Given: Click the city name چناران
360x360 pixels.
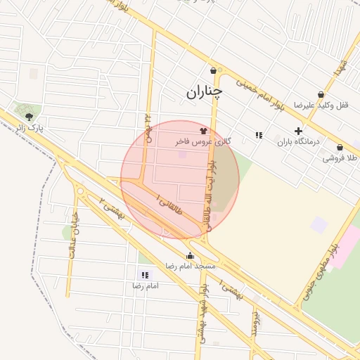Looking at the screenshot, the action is click(204, 92).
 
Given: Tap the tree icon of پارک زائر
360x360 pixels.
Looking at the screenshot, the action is click(29, 117).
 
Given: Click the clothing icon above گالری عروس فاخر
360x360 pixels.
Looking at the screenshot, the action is click(204, 130).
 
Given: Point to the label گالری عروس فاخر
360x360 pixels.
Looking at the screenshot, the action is click(203, 142).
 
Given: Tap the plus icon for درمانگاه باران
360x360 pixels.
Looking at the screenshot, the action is click(298, 131).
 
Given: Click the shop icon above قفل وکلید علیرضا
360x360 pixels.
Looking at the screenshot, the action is click(321, 94).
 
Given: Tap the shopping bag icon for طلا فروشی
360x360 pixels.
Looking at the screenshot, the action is click(340, 148).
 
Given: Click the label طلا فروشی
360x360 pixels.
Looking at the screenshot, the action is click(340, 158).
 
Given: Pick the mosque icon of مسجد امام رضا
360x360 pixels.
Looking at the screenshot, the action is click(190, 256).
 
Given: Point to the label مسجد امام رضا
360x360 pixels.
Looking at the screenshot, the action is click(190, 266).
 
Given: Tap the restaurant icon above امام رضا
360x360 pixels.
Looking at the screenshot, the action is click(145, 276).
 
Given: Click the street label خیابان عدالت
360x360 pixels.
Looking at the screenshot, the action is click(72, 238).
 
